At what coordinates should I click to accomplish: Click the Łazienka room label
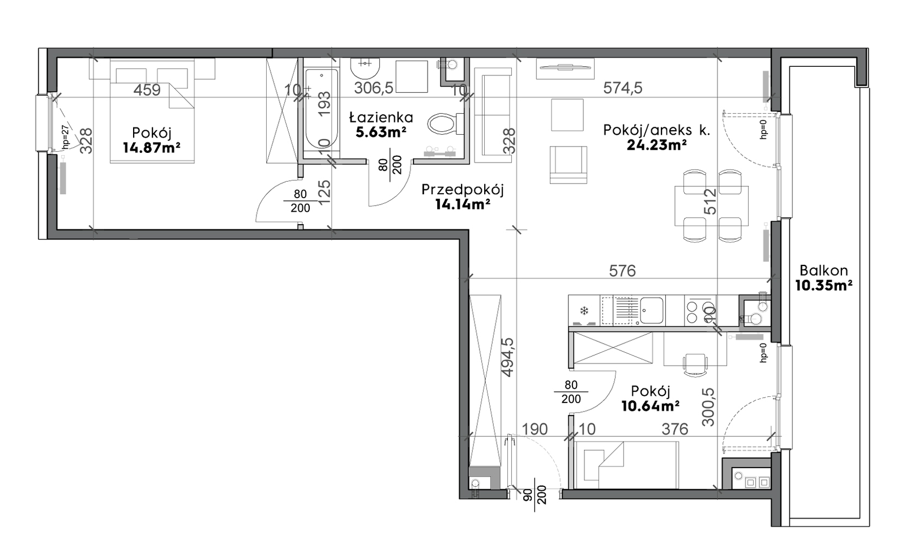(381, 118)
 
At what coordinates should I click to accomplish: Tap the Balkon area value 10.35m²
(824, 286)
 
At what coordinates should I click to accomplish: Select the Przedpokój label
(462, 190)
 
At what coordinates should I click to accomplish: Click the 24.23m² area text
(656, 145)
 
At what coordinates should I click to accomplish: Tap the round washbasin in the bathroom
(365, 68)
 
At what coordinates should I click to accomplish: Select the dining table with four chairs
(711, 206)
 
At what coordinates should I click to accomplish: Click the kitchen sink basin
(652, 310)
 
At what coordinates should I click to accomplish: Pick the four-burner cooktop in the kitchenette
(700, 311)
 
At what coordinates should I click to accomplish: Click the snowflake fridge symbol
(584, 311)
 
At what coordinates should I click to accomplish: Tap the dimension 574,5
(622, 88)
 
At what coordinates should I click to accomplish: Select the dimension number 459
(147, 90)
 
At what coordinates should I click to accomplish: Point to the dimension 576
(622, 271)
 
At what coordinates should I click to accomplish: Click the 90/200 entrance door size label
(535, 495)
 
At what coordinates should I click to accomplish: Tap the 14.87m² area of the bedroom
(152, 148)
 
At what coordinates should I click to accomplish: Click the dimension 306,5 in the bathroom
(374, 88)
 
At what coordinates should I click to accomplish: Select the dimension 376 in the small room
(674, 429)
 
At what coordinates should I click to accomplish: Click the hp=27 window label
(66, 135)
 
